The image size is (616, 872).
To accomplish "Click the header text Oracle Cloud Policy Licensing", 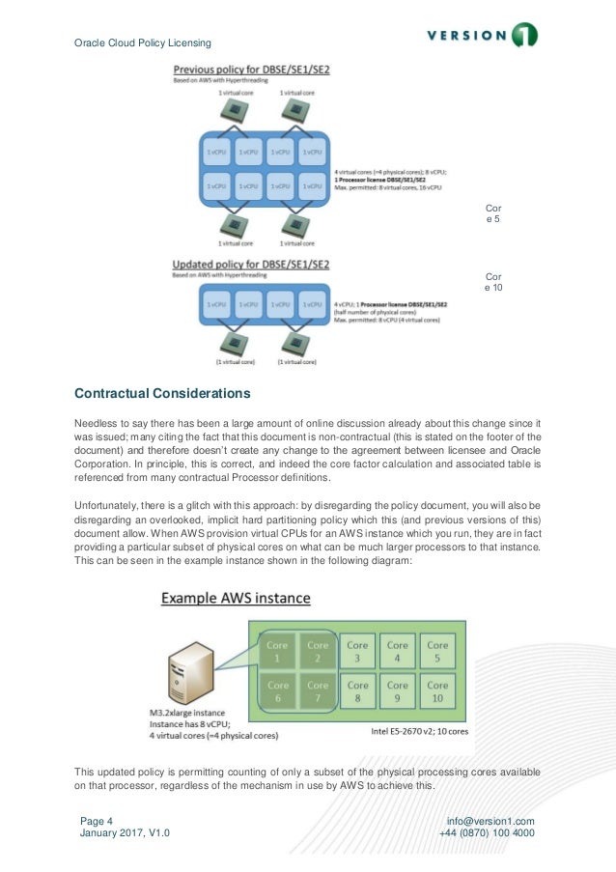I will point(142,42).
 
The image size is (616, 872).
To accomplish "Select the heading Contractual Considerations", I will point(162,394).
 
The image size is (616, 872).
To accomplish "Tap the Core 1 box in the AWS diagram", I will point(276,651).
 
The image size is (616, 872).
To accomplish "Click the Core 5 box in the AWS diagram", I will point(437,651).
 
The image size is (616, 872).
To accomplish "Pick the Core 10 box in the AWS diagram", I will point(437,691).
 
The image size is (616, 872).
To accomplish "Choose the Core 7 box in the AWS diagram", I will point(318,691).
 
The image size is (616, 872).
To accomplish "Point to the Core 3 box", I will point(357,651).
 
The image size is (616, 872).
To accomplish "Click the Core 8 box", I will point(357,691).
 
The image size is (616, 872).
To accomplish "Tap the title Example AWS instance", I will point(236,599).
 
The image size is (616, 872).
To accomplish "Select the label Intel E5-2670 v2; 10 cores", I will point(420,731).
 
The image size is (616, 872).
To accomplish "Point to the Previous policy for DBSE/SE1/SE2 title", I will point(251,70).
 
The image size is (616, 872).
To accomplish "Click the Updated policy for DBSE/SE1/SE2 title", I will point(251,264).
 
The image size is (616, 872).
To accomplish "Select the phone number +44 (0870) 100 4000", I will point(487,833).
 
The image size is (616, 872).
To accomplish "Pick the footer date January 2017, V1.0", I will point(124,833).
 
